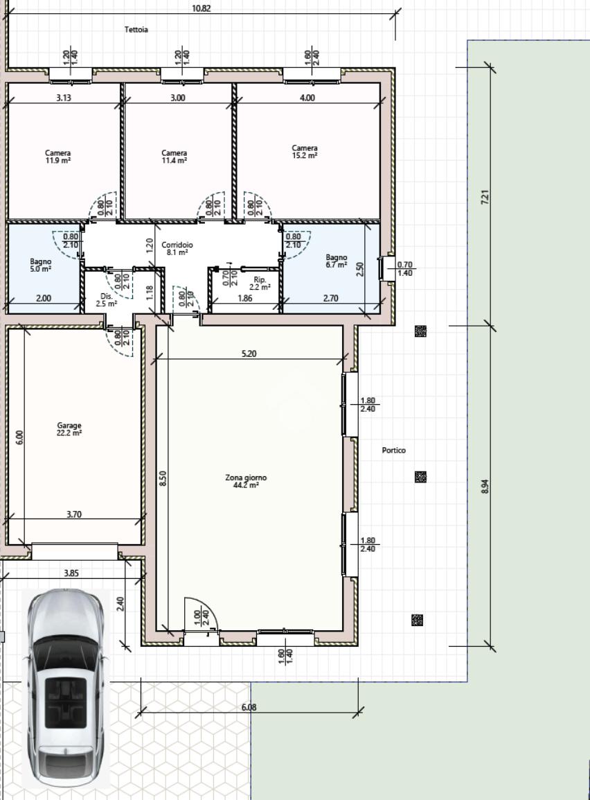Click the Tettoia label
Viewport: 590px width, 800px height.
point(136,30)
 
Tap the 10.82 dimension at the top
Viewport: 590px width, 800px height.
point(202,8)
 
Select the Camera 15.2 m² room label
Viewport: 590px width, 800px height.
point(305,152)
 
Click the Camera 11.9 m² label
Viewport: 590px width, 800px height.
point(57,156)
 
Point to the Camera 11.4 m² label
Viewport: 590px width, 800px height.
point(175,156)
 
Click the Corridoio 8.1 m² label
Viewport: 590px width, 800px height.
point(177,248)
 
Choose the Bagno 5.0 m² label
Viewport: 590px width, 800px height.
point(40,265)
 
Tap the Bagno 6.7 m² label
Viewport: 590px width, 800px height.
point(337,261)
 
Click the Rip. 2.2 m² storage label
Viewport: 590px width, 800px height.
point(260,283)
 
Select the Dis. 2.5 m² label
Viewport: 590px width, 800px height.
point(107,299)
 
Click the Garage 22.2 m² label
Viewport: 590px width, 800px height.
point(69,428)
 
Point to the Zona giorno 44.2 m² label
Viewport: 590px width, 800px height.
point(246,481)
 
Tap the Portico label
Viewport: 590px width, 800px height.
point(394,450)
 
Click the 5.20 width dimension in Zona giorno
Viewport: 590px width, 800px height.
point(249,353)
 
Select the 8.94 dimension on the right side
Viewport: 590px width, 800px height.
point(485,486)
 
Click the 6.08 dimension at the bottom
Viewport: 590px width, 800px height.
point(249,707)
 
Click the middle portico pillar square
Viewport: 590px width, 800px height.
point(420,477)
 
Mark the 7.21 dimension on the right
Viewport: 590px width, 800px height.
point(485,197)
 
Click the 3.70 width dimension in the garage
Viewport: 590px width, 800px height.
point(74,514)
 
